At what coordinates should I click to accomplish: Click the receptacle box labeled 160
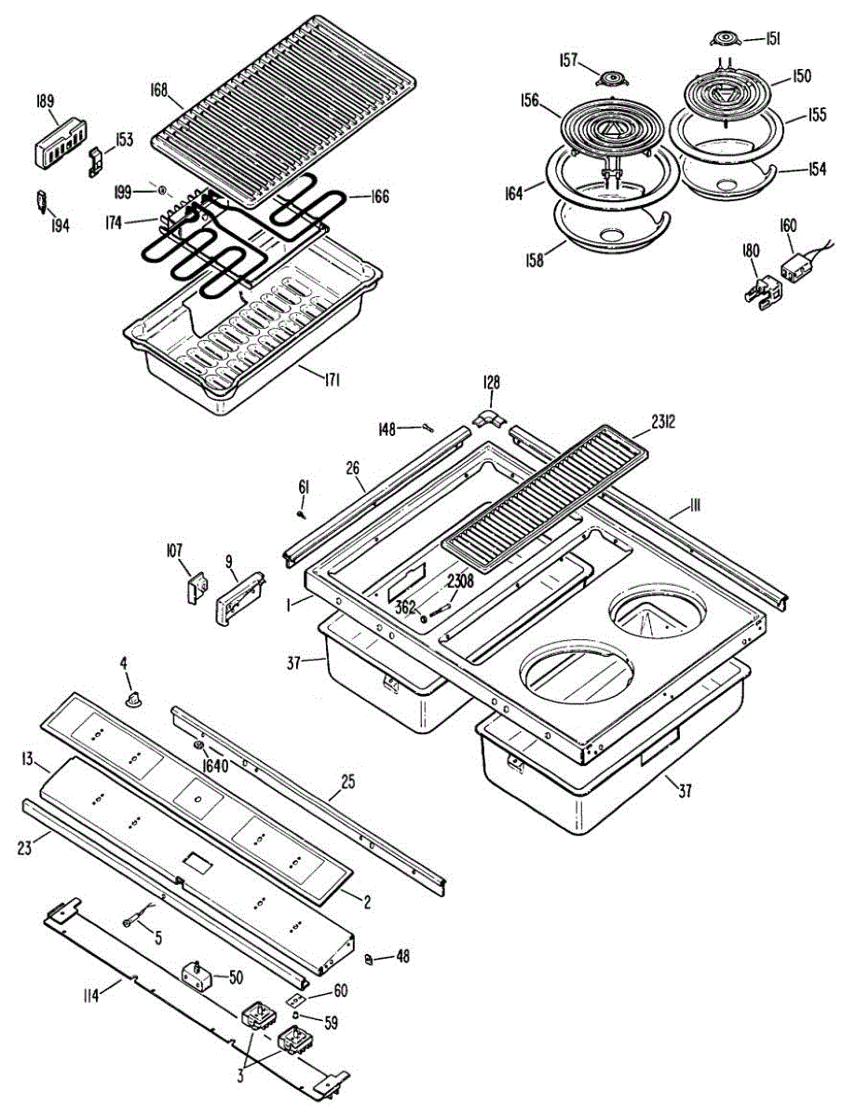pyautogui.click(x=796, y=268)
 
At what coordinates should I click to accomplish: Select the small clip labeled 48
pyautogui.click(x=369, y=957)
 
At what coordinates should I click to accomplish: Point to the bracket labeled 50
pyautogui.click(x=196, y=975)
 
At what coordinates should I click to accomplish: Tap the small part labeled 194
pyautogui.click(x=42, y=201)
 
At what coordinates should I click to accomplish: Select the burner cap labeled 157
pyautogui.click(x=612, y=77)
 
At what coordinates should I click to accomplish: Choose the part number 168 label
pyautogui.click(x=158, y=89)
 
